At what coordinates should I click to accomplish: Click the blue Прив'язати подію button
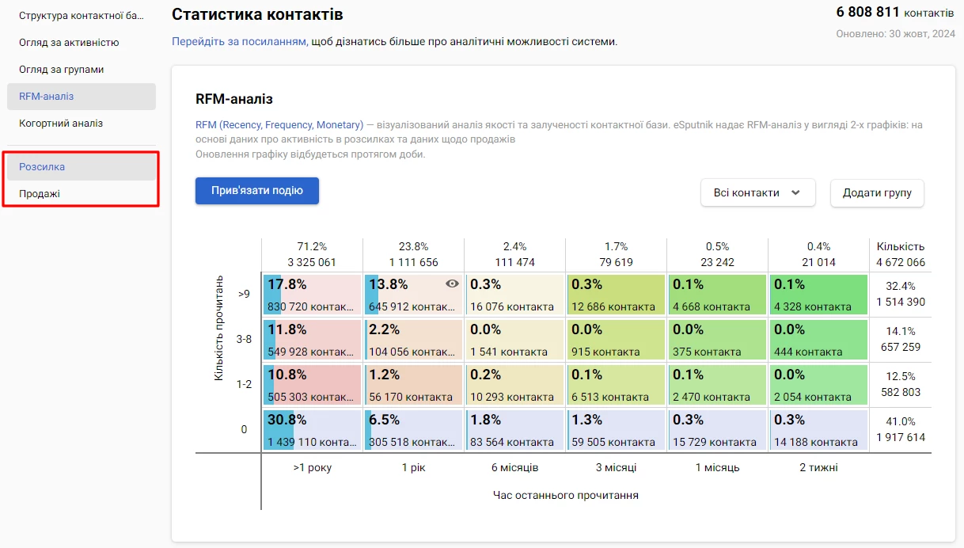[x=256, y=191]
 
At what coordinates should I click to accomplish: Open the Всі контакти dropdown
[x=757, y=192]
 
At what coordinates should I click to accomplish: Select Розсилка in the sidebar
[x=42, y=167]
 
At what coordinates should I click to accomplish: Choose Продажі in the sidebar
[x=40, y=194]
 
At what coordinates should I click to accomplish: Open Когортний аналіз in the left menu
[x=61, y=124]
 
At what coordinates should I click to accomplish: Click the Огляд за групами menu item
[x=62, y=70]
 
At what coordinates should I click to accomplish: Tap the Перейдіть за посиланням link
[x=240, y=41]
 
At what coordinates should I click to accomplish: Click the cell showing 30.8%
[x=312, y=430]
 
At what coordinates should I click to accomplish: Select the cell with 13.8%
[x=413, y=295]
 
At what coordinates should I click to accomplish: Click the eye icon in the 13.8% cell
[x=452, y=284]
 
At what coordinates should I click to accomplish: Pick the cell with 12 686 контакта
[x=616, y=295]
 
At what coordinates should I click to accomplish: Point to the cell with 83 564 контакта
[x=514, y=430]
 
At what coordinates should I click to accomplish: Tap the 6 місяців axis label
[x=514, y=468]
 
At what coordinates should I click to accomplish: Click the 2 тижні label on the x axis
[x=818, y=468]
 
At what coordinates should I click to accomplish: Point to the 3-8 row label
[x=244, y=340]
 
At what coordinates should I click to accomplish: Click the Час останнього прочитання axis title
[x=565, y=496]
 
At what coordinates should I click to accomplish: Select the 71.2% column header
[x=312, y=254]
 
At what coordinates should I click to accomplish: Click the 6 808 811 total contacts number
[x=867, y=13]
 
